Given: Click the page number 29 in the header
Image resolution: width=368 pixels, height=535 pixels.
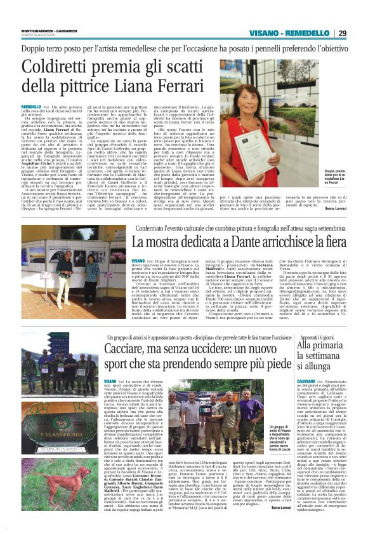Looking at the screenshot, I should (343, 34).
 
